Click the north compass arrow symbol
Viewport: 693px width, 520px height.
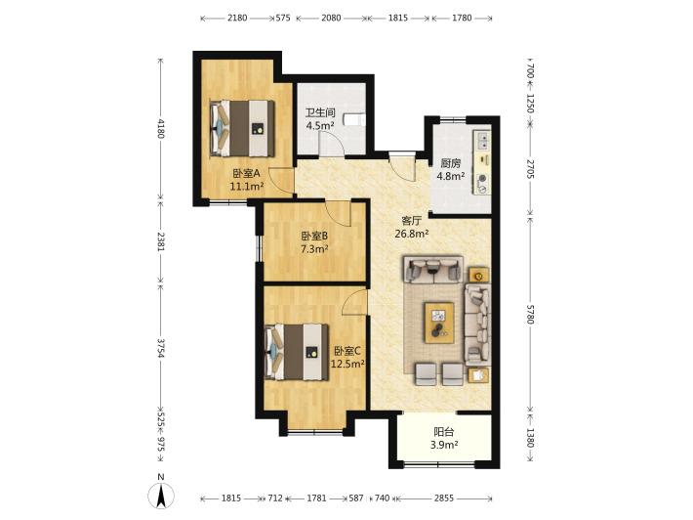(x=161, y=497)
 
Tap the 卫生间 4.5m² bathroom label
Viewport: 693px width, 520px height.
(x=320, y=119)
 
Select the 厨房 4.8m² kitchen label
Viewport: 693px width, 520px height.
(x=450, y=169)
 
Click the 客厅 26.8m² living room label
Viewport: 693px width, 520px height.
(x=412, y=227)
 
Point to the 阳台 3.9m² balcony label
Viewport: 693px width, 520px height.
(x=444, y=438)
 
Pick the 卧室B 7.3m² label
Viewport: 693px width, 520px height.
(x=314, y=242)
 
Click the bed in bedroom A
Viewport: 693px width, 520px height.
(x=242, y=128)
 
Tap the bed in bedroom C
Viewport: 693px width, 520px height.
(x=297, y=352)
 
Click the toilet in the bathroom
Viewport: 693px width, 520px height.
(x=355, y=119)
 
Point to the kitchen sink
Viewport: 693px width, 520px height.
(x=482, y=140)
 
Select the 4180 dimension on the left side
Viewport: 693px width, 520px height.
(x=161, y=128)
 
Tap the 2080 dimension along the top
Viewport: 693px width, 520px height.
(x=331, y=18)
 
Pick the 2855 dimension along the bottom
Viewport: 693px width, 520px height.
(x=444, y=498)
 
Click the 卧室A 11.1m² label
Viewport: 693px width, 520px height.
(x=247, y=179)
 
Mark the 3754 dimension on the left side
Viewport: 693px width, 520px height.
(x=161, y=349)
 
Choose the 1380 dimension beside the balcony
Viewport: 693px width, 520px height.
(x=530, y=438)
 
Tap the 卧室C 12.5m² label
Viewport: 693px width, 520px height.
(x=347, y=357)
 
